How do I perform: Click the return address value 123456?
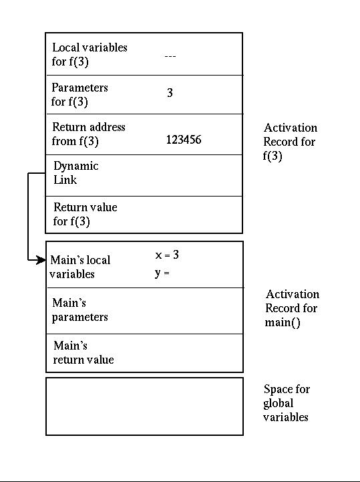pos(184,140)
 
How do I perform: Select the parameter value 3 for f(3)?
pos(170,92)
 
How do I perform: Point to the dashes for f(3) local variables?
pos(170,56)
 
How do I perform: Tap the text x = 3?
pos(167,255)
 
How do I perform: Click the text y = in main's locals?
pos(162,273)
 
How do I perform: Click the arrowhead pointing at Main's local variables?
pos(41,260)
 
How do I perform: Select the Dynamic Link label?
pos(76,172)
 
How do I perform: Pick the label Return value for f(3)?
pos(85,214)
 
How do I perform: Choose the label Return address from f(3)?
pos(88,134)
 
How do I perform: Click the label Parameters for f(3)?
pos(79,94)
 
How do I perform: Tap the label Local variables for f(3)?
pos(89,54)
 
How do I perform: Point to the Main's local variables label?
pos(80,267)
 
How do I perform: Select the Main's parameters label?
pos(80,310)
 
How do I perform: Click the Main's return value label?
pos(83,352)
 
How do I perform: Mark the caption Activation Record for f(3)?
pos(291,142)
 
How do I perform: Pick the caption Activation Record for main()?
pos(292,308)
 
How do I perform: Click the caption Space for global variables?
pos(287,403)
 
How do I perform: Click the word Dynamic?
pos(76,166)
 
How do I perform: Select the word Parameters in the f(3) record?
pos(79,88)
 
